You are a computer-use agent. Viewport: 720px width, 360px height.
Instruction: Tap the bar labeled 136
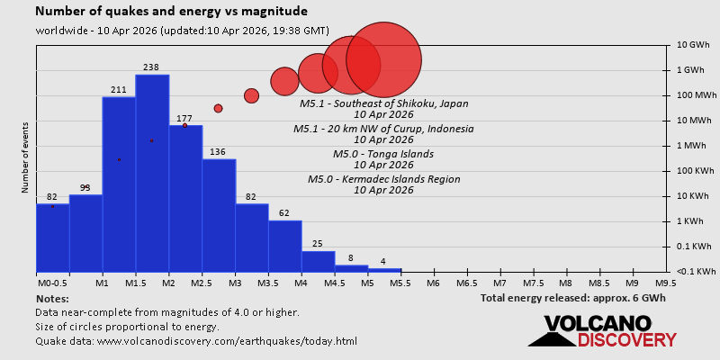pos(219,216)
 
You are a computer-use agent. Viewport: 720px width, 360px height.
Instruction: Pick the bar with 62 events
pos(284,246)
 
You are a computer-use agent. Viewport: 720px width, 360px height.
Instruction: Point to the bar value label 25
pos(318,244)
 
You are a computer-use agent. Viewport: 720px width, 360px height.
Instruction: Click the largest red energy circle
pos(384,59)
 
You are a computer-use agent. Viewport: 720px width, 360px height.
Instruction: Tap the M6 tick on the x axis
pos(433,283)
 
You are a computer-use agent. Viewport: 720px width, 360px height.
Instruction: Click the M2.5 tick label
pos(202,283)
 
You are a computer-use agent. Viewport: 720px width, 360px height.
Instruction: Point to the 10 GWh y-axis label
pos(693,45)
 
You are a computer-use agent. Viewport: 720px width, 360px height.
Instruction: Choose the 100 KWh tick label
pos(693,171)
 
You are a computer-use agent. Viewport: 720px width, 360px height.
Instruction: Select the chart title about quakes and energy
pos(171,12)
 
